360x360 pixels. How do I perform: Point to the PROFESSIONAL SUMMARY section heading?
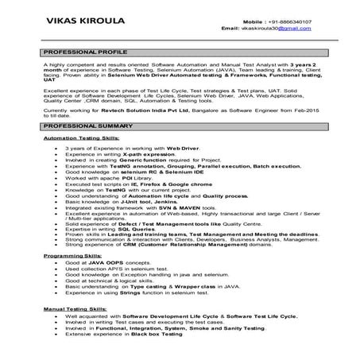(87, 126)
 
